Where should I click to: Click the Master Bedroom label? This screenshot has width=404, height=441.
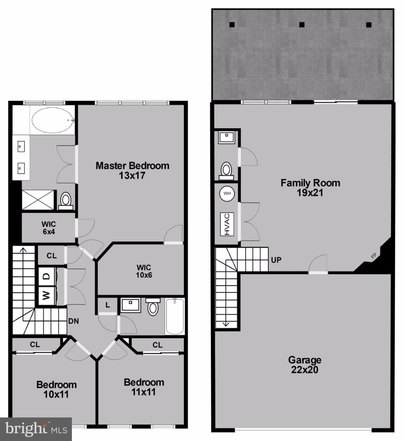tap(132, 170)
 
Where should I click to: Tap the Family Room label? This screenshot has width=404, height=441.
tap(310, 187)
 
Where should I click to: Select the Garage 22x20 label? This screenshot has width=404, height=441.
tap(305, 365)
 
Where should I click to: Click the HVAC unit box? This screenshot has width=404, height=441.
tap(227, 224)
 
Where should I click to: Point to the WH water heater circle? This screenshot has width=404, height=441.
tap(227, 194)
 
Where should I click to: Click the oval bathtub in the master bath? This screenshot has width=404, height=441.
tap(53, 120)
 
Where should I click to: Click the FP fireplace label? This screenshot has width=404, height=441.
tap(374, 256)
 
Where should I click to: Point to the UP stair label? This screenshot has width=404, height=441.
tap(276, 260)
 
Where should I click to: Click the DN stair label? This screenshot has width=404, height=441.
tap(74, 321)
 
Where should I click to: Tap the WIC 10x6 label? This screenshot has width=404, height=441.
tap(144, 271)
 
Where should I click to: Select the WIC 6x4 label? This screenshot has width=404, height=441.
tap(49, 228)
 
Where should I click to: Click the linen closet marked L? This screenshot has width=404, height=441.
tap(108, 305)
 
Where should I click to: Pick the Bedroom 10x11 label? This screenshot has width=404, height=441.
tap(56, 389)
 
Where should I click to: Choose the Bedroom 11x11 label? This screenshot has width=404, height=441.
tap(144, 387)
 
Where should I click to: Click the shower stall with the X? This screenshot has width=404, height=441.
tap(38, 200)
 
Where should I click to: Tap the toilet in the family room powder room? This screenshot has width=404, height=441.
tap(226, 170)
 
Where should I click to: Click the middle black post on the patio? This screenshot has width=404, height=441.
tap(302, 25)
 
